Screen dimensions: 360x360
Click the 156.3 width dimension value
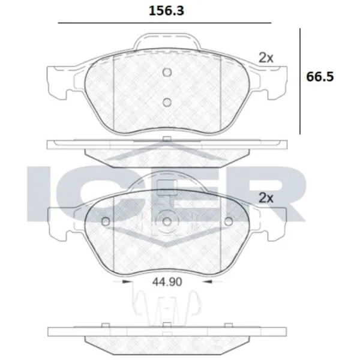pos(166,11)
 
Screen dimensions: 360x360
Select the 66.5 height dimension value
pos(320,77)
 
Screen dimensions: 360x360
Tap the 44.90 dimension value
pos(167,282)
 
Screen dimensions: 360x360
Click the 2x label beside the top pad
pos(266,58)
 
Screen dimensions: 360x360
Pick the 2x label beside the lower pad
pos(266,198)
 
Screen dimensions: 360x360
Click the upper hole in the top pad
pos(167,73)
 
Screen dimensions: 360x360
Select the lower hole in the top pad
pos(167,103)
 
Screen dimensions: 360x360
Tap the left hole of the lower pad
pos(106,221)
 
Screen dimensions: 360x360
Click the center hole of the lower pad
pos(167,221)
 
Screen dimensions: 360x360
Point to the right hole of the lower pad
pos(229,221)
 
